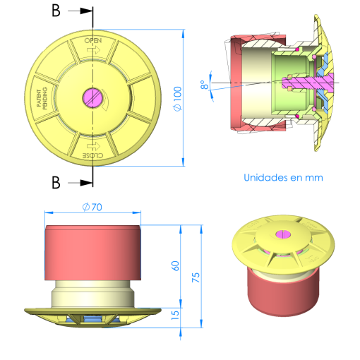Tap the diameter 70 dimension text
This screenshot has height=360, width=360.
[92, 207]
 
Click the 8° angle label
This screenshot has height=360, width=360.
[204, 85]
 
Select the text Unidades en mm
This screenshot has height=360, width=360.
[283, 178]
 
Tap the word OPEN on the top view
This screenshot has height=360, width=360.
[93, 41]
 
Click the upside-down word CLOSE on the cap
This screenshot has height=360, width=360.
[92, 154]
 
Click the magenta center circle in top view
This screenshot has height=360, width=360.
[92, 96]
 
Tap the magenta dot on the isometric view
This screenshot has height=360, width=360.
[282, 234]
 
